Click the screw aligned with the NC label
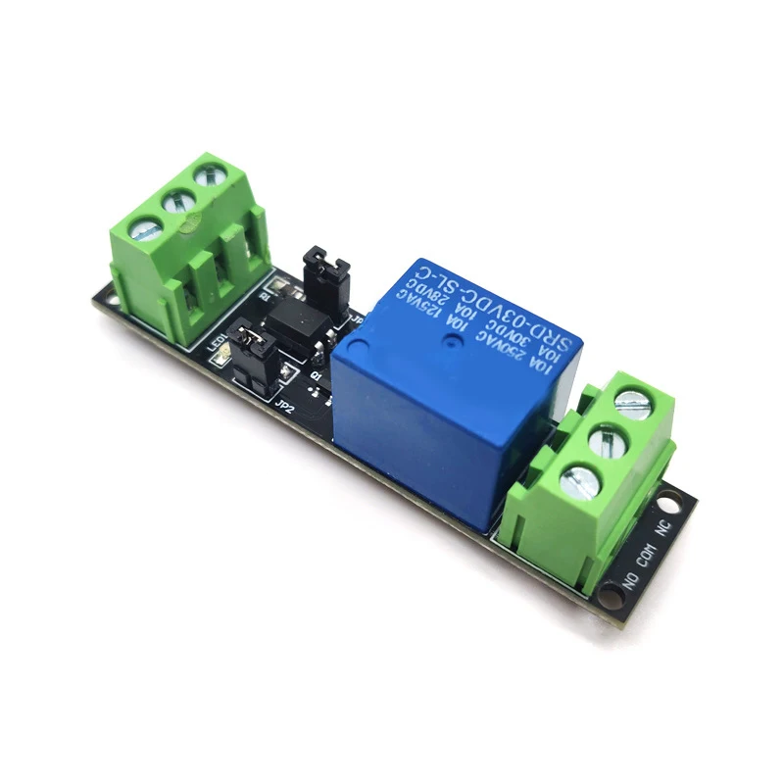632,400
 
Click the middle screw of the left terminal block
177,202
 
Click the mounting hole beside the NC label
672,504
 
